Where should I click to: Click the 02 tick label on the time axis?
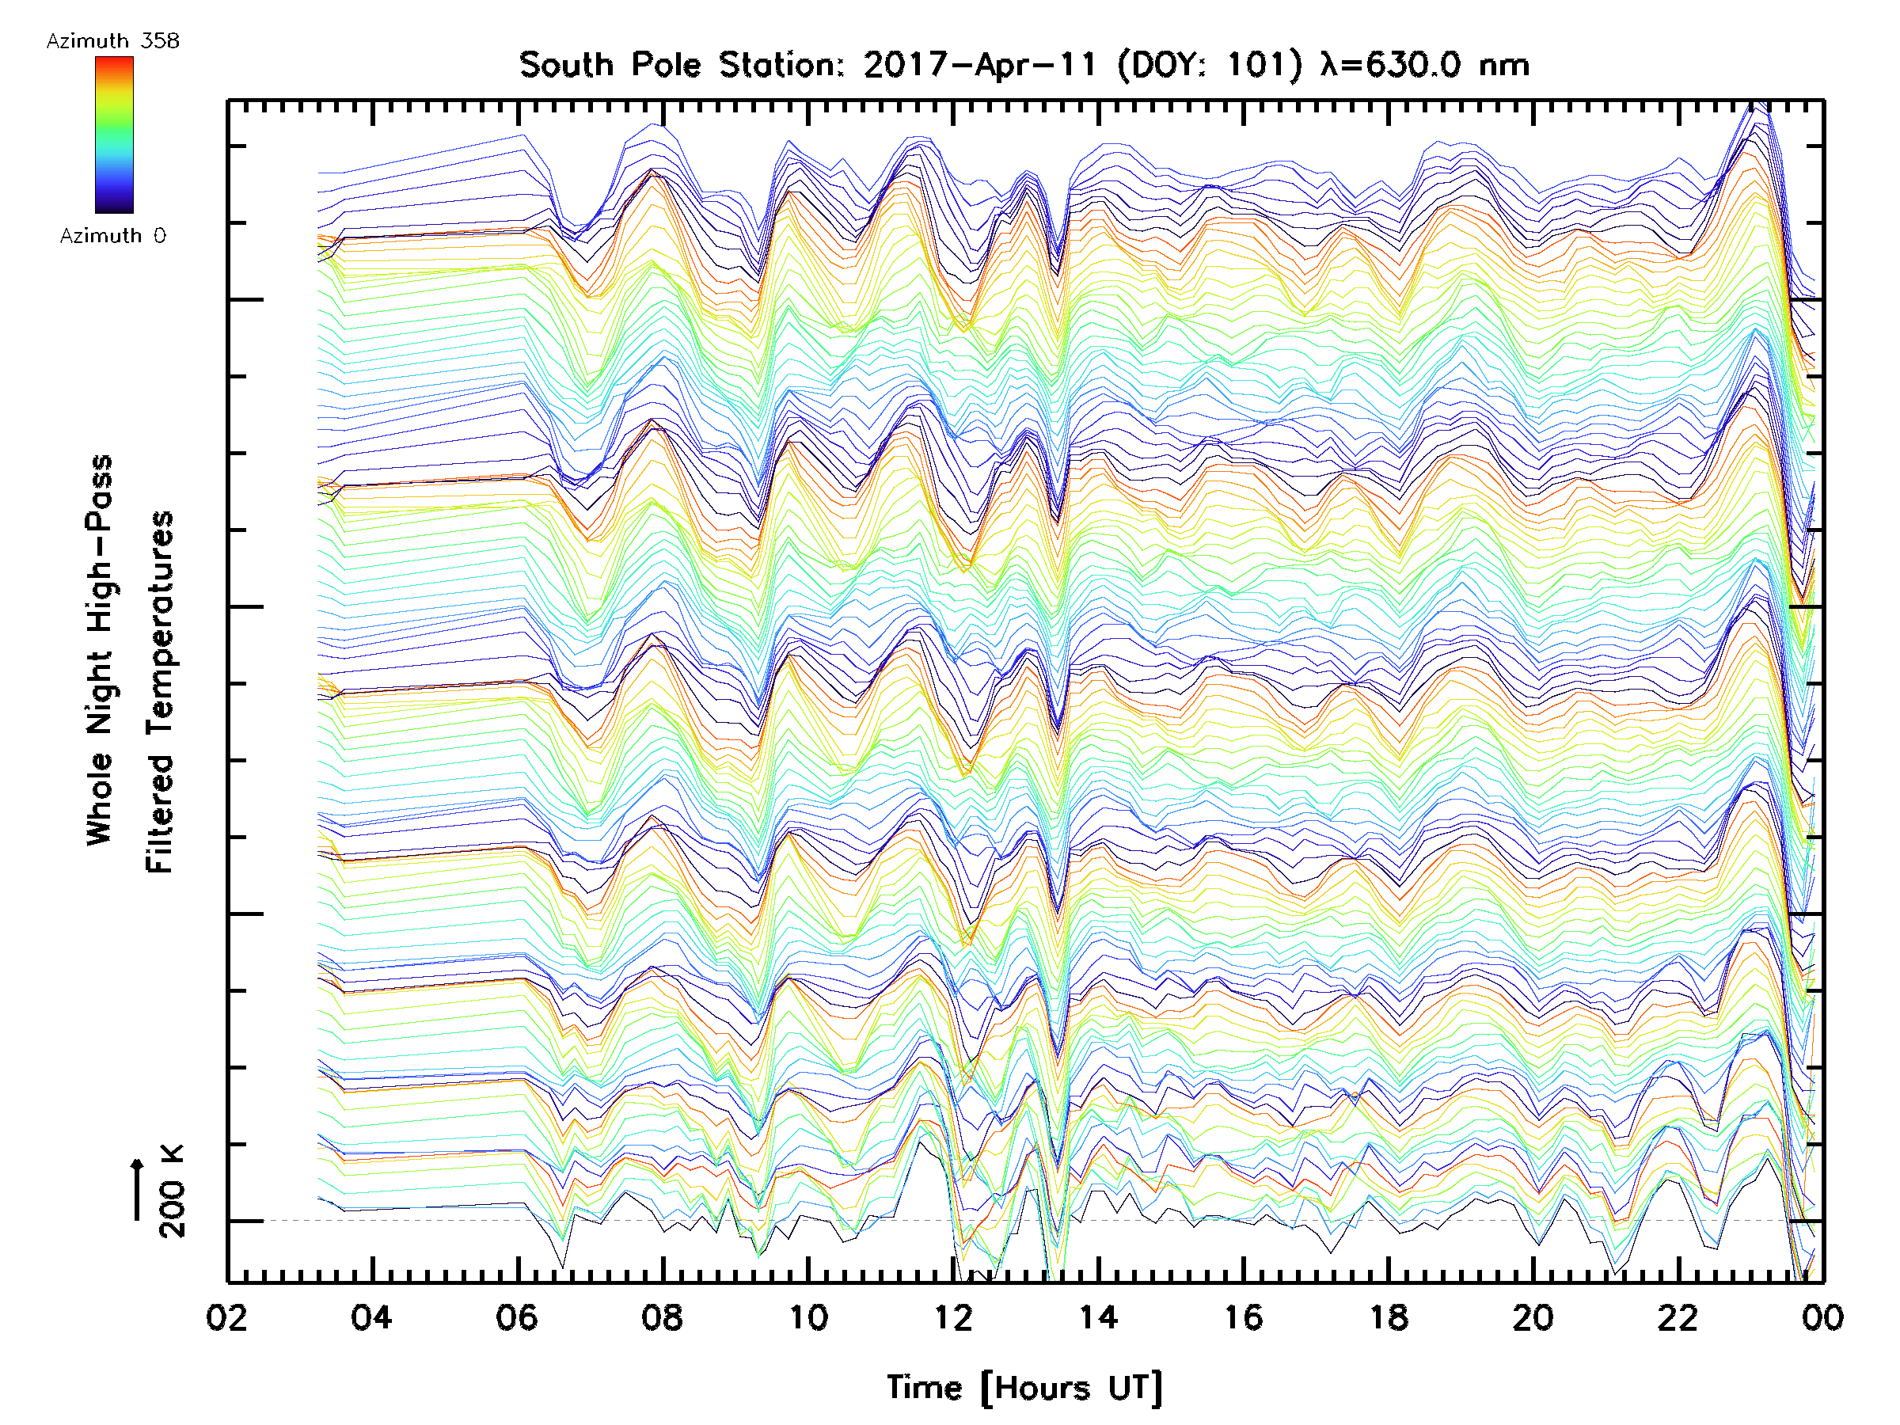[x=226, y=1317]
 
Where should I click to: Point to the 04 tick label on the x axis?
[x=371, y=1317]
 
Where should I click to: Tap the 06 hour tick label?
[x=516, y=1317]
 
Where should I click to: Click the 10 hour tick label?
[x=807, y=1317]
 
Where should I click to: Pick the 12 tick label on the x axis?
[x=952, y=1317]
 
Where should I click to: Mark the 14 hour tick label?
[x=1098, y=1317]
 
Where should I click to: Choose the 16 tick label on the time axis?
[x=1243, y=1317]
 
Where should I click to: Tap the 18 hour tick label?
[x=1388, y=1317]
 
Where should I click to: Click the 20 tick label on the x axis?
[x=1533, y=1317]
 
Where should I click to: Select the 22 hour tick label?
[x=1678, y=1317]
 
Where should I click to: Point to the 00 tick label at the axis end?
[x=1822, y=1317]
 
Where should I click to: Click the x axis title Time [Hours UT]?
[x=1024, y=1387]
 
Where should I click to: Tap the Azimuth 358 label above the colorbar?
[x=112, y=41]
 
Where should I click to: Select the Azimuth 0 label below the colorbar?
[x=112, y=235]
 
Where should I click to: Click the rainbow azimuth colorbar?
[x=114, y=135]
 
